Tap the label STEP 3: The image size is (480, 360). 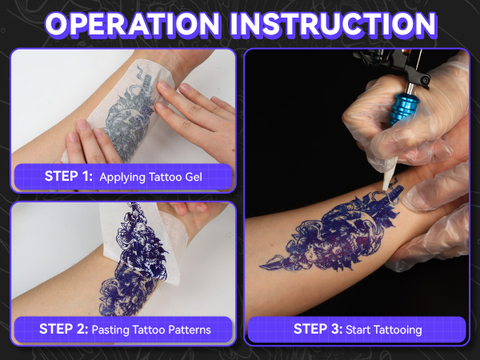click(317, 328)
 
